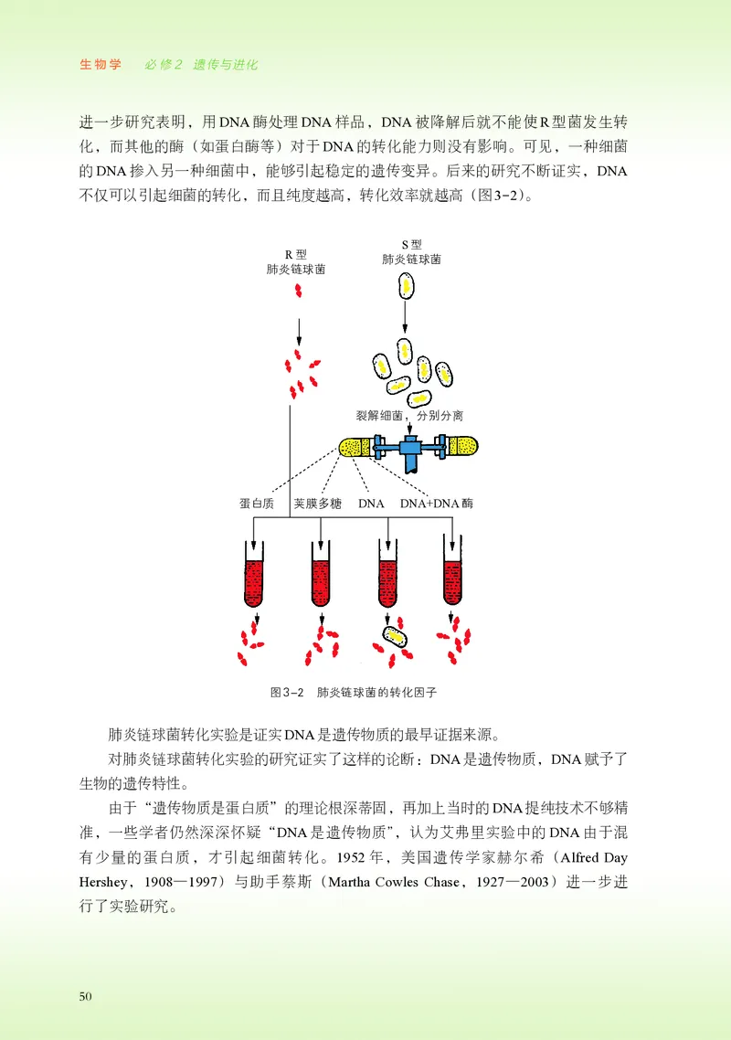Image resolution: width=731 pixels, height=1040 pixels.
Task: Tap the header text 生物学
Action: [101, 65]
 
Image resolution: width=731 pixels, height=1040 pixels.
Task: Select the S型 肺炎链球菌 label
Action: [411, 252]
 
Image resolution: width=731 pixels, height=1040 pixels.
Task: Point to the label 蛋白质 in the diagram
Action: [258, 504]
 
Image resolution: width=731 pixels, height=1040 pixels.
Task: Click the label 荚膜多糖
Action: [318, 504]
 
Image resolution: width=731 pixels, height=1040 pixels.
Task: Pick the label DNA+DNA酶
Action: [437, 504]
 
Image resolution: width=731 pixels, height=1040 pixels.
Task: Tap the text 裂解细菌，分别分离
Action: [409, 415]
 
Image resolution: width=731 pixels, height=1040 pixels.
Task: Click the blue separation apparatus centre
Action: [409, 448]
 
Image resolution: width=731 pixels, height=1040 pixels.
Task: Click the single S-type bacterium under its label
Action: [405, 286]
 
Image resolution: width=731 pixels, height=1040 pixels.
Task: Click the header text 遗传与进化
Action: [225, 65]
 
